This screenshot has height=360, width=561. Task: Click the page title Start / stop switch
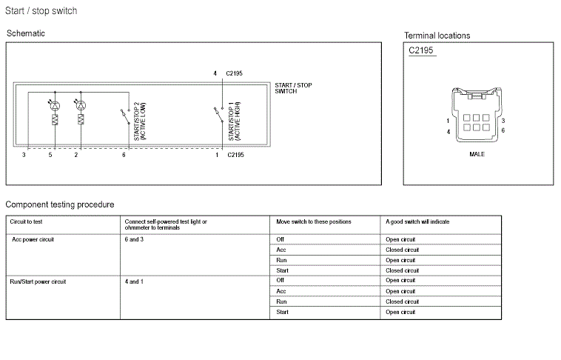coord(41,11)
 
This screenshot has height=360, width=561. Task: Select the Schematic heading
coord(26,33)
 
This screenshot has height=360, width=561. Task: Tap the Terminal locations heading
coord(437,36)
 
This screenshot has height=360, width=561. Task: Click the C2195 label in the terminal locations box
coord(420,51)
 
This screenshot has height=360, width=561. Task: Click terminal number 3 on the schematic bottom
coord(24,155)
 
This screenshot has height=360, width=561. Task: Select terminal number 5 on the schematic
coord(51,155)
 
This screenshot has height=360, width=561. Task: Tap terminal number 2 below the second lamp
coord(76,155)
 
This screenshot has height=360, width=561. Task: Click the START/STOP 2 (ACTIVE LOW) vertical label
coord(139,121)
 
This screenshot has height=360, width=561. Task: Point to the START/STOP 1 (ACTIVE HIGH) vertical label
coord(234,121)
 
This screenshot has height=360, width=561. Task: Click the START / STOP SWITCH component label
coord(293,88)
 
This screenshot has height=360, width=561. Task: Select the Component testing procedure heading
coord(60,204)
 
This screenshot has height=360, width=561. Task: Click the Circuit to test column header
coord(27,221)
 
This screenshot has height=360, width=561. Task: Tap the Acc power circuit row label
coord(33,240)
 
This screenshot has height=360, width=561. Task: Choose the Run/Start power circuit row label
coord(38,281)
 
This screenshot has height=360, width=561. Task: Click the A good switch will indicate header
coord(417,221)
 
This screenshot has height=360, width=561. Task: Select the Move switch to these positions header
coord(314,221)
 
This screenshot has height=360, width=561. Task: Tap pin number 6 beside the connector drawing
coord(503,131)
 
